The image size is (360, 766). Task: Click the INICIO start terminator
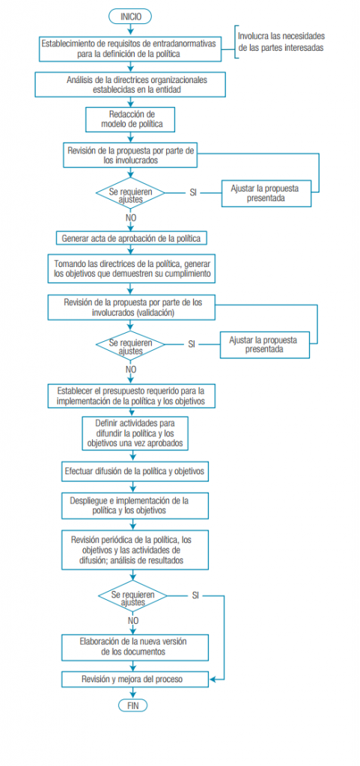(130, 16)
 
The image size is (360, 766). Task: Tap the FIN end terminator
(132, 705)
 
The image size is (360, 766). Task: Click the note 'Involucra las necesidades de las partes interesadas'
(281, 42)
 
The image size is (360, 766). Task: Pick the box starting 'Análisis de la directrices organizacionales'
(130, 85)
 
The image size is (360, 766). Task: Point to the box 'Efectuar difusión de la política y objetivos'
(135, 473)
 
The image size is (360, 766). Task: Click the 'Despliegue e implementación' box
(134, 506)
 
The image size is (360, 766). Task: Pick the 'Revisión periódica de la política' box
(134, 550)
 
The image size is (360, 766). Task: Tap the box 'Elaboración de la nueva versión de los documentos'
(134, 647)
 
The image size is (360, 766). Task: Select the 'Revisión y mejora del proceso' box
(134, 678)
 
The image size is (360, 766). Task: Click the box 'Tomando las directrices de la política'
(132, 269)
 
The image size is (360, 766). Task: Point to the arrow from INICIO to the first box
(130, 30)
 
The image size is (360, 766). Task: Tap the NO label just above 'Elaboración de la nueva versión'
(133, 621)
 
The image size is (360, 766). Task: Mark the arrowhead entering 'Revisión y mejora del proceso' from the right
(212, 678)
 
